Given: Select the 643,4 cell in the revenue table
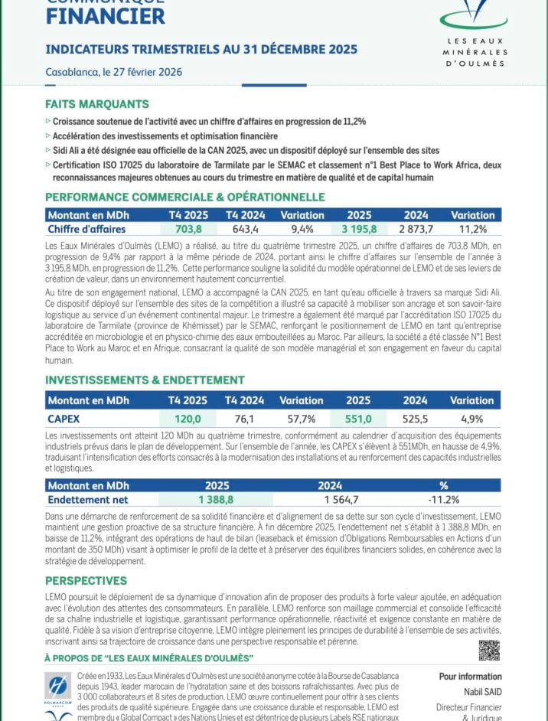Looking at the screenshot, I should (245, 229).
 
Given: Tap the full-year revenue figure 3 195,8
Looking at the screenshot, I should (358, 229).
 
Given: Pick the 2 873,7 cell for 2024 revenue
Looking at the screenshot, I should (416, 229).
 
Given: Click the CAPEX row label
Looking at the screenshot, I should (64, 419).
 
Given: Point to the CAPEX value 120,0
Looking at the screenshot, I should (188, 419).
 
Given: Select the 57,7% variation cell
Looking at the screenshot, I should (301, 419).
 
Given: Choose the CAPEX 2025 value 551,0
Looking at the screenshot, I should (358, 419).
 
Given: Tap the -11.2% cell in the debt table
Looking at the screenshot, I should (443, 500).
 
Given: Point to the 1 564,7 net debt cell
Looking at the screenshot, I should (330, 500).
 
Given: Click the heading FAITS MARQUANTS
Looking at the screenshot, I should (97, 104).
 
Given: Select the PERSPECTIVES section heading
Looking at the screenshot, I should (86, 580).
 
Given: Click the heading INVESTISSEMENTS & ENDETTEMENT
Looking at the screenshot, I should (145, 380).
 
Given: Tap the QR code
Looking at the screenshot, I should (489, 651).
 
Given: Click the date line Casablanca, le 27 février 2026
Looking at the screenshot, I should (113, 72).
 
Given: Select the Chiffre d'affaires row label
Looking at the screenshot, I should (86, 229).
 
